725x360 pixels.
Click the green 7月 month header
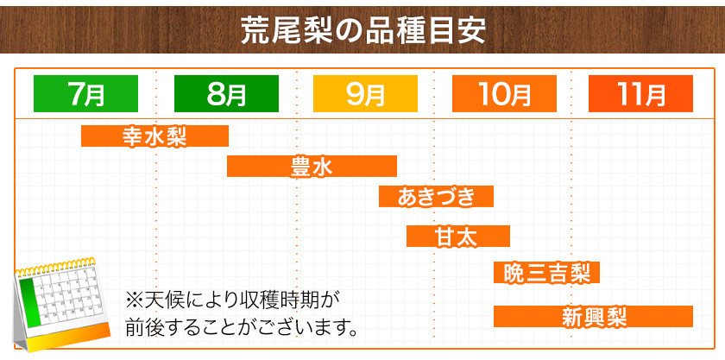85,93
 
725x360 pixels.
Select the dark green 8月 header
226,93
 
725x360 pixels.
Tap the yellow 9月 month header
365,93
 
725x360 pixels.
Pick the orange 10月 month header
504,93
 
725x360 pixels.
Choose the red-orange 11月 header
640,93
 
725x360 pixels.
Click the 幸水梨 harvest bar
154,136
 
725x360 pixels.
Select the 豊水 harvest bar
312,166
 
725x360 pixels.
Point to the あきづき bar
436,196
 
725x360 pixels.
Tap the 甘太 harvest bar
458,236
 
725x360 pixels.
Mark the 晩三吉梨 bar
546,273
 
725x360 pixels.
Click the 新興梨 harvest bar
593,317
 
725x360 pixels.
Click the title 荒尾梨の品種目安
362,30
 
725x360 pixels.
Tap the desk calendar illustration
62,305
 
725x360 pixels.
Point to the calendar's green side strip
28,301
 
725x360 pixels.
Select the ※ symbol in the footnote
134,300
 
